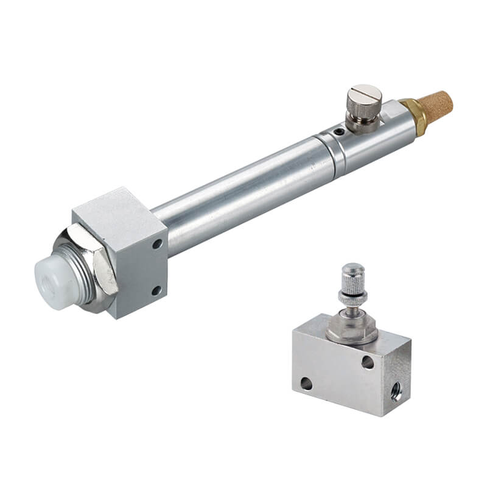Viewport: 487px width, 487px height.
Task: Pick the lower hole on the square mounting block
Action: point(156,290)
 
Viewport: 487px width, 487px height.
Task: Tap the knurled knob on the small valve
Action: point(353,278)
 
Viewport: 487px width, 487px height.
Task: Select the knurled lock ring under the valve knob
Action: point(352,298)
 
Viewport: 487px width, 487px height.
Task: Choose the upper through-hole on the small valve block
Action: point(368,362)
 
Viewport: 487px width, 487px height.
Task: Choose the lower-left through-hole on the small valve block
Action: point(306,384)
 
